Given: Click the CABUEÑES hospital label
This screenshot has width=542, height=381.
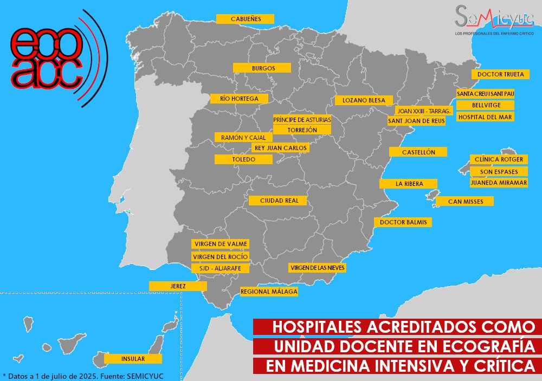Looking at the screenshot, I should tap(245, 19).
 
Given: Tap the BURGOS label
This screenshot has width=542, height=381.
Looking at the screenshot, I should tap(262, 68).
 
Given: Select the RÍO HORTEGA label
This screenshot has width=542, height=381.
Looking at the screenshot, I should tap(238, 99).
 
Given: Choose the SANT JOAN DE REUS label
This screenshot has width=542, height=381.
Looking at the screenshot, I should tap(416, 121).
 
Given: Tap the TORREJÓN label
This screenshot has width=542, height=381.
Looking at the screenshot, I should tap(302, 130).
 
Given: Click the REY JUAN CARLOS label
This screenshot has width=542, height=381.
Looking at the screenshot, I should tap(280, 147).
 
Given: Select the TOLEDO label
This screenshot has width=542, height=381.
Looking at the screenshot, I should tap(243, 159).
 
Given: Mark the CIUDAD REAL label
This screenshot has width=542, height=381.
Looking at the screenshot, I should tap(278, 201).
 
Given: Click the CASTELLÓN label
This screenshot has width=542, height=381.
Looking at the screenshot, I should tap(418, 152).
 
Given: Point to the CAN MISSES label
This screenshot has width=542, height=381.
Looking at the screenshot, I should tap(464, 202).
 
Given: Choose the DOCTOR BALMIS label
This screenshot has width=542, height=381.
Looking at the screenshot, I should tap(403, 222).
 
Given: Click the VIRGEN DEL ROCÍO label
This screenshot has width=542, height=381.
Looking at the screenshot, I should tap(221, 256).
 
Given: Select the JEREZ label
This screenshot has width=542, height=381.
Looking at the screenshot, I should tap(178, 286).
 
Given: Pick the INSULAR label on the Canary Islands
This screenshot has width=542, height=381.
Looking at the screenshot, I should tap(133, 359).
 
